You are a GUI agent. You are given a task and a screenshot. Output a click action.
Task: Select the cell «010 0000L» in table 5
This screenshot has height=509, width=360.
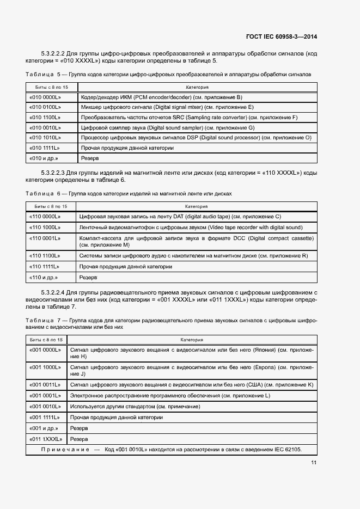(44, 97)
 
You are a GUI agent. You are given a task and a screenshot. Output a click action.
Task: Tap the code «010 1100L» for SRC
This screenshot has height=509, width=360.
(44, 117)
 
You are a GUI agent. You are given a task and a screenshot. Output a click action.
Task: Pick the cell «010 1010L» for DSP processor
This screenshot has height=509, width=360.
(44, 138)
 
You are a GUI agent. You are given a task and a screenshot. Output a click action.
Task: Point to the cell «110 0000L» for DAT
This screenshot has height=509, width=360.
(44, 217)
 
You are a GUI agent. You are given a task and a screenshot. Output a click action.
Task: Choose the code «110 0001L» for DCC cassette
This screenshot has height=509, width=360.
(44, 238)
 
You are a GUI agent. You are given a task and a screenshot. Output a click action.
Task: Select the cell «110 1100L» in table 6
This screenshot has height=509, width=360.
(44, 256)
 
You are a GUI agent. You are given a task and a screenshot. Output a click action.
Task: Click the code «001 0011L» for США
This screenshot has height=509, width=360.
(44, 384)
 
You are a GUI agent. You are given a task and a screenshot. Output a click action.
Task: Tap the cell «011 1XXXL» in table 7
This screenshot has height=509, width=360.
(46, 438)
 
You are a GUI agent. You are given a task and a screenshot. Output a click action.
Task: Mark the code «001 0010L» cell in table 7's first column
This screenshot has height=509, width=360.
(44, 406)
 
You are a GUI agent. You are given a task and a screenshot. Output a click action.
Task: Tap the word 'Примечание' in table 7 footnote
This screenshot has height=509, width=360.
(65, 449)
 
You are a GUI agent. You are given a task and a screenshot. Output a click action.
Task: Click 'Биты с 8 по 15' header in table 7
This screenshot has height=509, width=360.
(45, 340)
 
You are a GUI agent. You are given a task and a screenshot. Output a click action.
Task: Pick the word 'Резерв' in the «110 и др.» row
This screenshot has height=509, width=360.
(88, 277)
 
